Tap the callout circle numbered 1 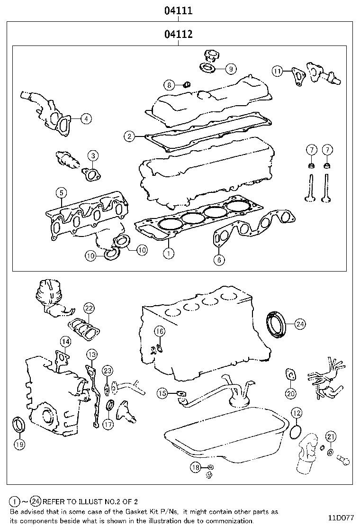point(168,254)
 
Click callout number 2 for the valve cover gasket point(129,136)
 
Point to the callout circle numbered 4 point(86,119)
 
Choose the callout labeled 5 point(61,192)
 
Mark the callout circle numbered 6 point(219,259)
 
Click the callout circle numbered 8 point(169,85)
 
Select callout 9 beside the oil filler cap point(230,69)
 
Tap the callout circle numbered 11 point(278,71)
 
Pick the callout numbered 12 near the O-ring point(296,412)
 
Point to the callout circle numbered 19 point(19,444)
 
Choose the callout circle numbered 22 point(89,309)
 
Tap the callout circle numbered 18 point(196,468)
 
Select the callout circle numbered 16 point(160,331)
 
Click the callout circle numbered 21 point(331,436)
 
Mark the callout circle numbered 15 point(162,393)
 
